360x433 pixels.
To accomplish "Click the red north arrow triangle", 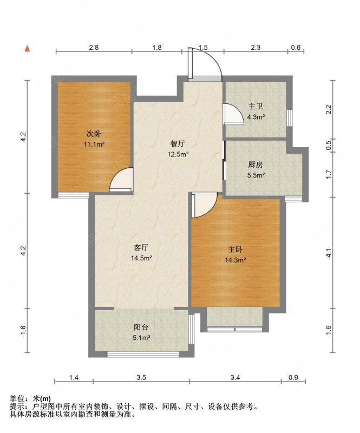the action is click(27, 48).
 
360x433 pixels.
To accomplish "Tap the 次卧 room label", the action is click(94, 134).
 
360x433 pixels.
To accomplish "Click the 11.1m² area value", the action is click(94, 144).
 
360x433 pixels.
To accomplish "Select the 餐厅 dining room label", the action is click(178, 144).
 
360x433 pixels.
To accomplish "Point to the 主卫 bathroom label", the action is click(256, 107).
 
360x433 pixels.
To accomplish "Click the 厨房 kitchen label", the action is click(256, 165).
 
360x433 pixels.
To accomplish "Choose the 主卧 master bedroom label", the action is click(235, 250).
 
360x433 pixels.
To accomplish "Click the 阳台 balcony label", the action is click(141, 327).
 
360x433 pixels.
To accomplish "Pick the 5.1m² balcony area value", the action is click(141, 337).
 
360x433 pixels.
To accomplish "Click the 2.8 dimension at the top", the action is click(94, 47).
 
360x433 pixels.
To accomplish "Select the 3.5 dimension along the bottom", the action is click(141, 377).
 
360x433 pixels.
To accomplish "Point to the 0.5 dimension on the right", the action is click(328, 146).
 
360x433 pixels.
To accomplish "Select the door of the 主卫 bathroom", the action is click(233, 114).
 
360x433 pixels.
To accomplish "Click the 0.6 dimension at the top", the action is click(296, 47).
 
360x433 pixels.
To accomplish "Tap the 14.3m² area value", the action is click(235, 260).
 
